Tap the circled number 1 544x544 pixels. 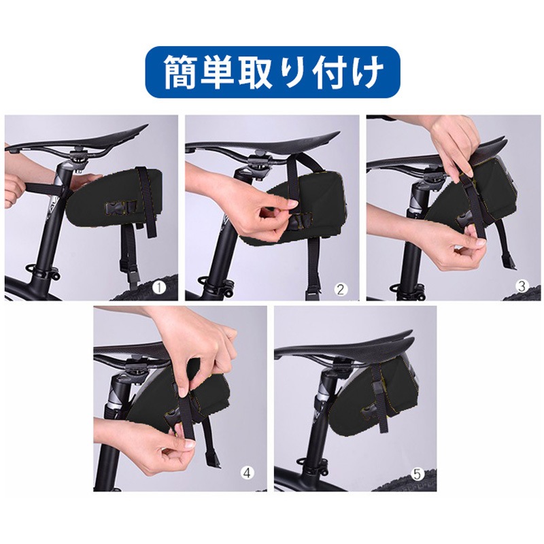point(158,288)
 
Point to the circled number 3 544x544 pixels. point(522,286)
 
